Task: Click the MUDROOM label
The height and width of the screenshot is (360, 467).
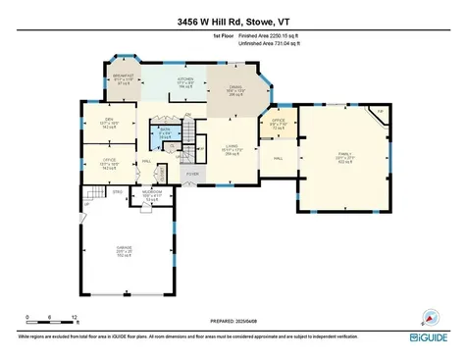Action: (x=152, y=192)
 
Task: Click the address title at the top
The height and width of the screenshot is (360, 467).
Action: (x=232, y=21)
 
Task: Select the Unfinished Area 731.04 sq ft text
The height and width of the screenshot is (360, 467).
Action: (x=281, y=44)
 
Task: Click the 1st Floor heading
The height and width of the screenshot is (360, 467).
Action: (x=224, y=37)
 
